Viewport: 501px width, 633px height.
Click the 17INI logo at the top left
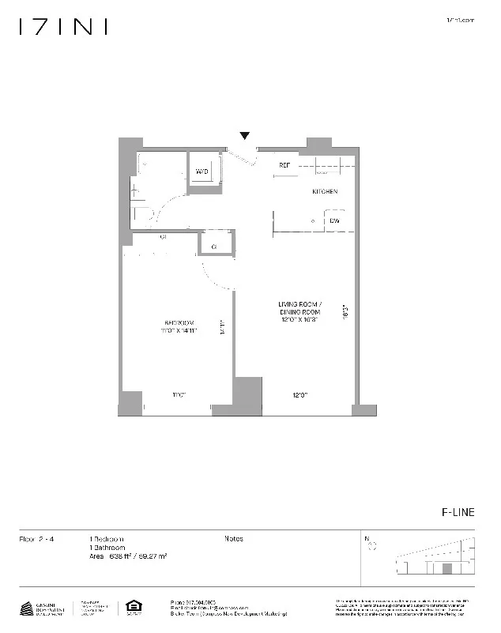[x=62, y=27]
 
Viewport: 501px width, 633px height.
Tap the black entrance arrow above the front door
[x=245, y=137]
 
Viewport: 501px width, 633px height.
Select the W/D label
[x=202, y=171]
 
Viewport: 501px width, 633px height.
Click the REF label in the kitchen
[x=284, y=165]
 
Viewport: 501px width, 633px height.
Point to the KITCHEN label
[x=324, y=192]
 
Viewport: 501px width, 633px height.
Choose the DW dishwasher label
[x=335, y=220]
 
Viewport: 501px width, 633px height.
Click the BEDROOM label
[x=179, y=322]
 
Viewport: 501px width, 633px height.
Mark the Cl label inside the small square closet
[x=214, y=247]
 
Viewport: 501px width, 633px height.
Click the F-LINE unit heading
[x=458, y=512]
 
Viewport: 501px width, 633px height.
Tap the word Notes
[x=234, y=539]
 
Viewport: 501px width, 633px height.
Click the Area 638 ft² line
[x=133, y=557]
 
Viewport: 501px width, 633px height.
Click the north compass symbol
[x=372, y=544]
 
